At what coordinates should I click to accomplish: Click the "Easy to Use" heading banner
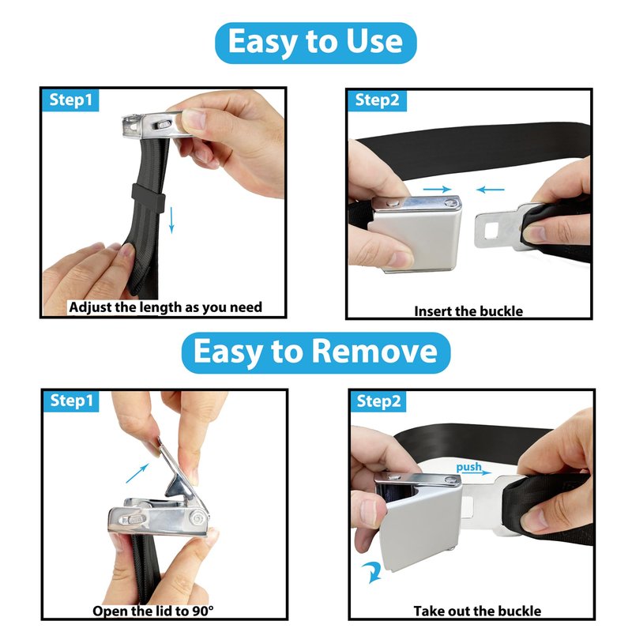point(315,43)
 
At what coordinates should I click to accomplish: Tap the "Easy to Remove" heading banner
point(315,352)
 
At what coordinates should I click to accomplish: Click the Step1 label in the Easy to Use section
point(70,100)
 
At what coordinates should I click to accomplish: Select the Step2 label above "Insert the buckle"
point(377,100)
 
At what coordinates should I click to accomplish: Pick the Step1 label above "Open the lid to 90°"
point(71,401)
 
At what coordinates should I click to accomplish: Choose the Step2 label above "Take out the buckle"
point(378,401)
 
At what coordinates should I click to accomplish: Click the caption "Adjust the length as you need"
point(166,307)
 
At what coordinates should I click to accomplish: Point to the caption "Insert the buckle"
point(468,311)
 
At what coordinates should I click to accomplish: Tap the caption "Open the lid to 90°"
point(153,611)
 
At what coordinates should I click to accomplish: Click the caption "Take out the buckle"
point(477,611)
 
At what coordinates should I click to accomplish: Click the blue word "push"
point(468,467)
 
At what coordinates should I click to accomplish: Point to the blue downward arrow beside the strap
point(171,220)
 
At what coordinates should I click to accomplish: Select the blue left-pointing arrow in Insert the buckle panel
point(490,189)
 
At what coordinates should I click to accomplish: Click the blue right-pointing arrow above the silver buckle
point(437,189)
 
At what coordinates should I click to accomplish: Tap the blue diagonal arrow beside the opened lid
point(137,473)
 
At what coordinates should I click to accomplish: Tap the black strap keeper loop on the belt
point(149,198)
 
